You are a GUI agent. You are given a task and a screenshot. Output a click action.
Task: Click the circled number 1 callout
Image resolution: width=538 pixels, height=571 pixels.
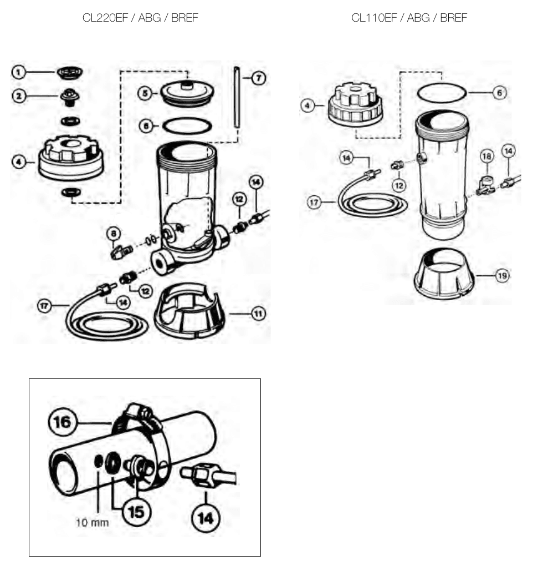coord(18,72)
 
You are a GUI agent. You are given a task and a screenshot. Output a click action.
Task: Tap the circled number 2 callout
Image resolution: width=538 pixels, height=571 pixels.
coord(19,96)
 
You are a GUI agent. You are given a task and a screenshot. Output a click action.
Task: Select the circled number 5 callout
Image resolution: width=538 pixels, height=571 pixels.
coord(145,93)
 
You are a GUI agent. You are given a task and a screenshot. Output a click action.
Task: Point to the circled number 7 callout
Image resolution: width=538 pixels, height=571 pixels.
coord(258,78)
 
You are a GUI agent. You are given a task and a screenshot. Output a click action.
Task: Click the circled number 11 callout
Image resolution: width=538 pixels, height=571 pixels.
coord(258,314)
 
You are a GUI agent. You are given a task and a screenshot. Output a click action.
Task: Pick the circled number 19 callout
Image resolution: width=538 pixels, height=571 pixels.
coord(503,276)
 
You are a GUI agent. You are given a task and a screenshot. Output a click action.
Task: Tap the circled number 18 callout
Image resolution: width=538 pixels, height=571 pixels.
coord(486,156)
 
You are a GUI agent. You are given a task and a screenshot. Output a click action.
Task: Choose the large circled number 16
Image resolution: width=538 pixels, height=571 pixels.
coord(62,422)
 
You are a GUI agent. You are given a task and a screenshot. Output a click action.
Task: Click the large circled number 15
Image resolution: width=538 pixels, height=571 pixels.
coord(137,512)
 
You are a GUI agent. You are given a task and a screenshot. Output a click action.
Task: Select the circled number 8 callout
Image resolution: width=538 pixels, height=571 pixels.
coord(114,234)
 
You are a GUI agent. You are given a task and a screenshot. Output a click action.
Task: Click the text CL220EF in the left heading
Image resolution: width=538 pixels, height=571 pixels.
coord(105,18)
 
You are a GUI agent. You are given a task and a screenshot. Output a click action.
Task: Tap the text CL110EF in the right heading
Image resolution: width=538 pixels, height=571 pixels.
coord(374,18)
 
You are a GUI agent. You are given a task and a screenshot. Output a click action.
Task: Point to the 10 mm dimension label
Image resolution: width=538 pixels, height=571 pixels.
coord(93,523)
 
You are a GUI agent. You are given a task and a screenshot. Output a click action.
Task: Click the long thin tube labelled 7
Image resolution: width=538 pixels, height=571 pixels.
coord(237,97)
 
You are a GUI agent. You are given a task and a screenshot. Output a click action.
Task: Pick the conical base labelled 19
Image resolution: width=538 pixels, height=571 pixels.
coord(444,274)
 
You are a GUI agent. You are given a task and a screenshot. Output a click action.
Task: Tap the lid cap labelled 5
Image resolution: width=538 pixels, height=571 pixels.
coord(187,93)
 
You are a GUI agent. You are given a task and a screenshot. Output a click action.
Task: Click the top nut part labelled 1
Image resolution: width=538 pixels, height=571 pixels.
coord(70,73)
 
